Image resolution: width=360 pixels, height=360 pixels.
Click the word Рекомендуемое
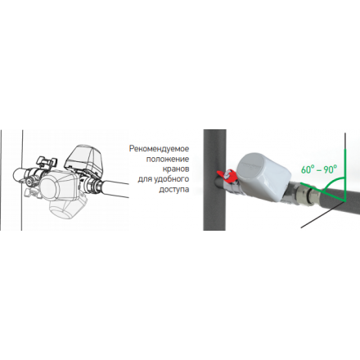(x=159, y=149)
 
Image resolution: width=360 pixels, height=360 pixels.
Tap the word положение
(x=168, y=159)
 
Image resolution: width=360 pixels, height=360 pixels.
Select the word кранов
(x=176, y=169)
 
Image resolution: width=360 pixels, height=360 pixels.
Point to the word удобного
(x=171, y=179)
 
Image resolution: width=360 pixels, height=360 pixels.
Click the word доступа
(x=174, y=189)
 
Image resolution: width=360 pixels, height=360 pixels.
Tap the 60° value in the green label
(x=307, y=169)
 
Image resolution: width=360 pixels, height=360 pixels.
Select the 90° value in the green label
(x=331, y=169)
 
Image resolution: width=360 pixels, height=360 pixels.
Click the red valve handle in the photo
(x=226, y=175)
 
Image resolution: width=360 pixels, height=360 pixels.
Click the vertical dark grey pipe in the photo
(x=214, y=180)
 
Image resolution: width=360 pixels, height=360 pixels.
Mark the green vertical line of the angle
(x=345, y=175)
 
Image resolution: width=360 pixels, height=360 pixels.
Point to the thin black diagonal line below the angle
(x=322, y=215)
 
